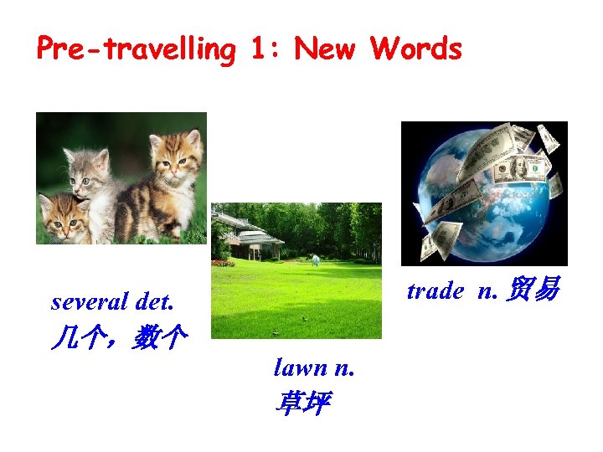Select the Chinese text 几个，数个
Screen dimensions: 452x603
[118, 339]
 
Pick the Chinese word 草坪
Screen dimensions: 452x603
[301, 404]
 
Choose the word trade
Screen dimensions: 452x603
[435, 290]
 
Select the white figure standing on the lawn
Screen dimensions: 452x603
[316, 260]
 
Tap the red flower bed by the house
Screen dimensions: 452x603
[223, 262]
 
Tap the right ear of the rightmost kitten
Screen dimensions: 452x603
[193, 137]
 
